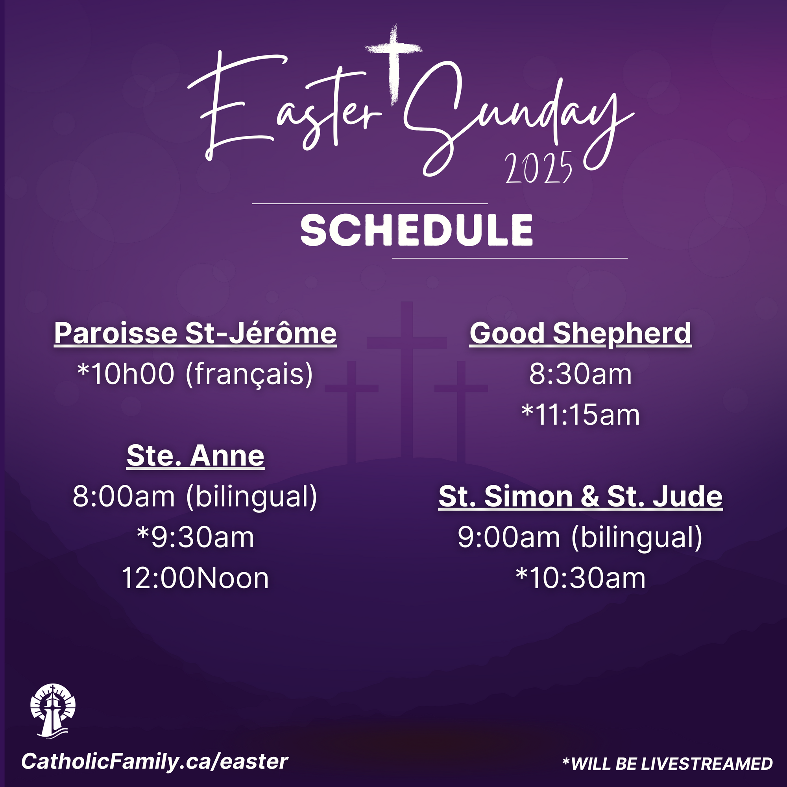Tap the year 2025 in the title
click(x=539, y=168)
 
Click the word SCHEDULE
click(x=417, y=231)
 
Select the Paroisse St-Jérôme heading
click(x=196, y=334)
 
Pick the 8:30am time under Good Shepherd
click(x=580, y=374)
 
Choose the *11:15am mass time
click(x=580, y=415)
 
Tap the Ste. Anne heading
click(x=196, y=456)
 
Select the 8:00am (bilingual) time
click(x=195, y=497)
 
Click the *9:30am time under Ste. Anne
click(x=196, y=538)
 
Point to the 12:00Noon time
click(x=195, y=578)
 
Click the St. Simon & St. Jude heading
click(x=580, y=497)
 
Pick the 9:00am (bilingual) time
click(x=580, y=538)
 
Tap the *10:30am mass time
click(x=580, y=578)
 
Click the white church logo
click(x=53, y=710)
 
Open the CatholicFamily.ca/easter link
click(x=155, y=762)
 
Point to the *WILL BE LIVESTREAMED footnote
click(x=667, y=764)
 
